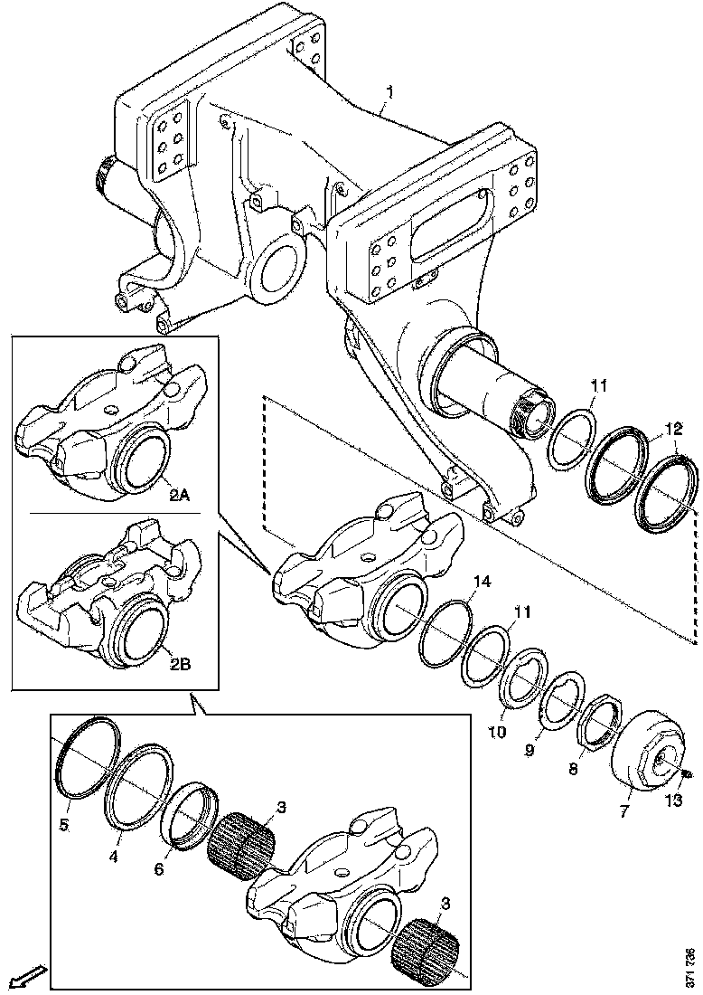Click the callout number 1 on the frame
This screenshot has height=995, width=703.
(390, 93)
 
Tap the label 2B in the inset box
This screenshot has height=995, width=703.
(180, 665)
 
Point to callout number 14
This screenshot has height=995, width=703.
(482, 582)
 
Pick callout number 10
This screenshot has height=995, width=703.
(497, 733)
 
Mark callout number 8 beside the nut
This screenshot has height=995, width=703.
(573, 770)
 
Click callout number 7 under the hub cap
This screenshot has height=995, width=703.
(623, 810)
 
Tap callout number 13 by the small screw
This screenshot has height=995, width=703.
(673, 801)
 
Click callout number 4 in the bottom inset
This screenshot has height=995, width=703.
(113, 857)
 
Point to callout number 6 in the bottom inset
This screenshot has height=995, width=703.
(158, 868)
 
